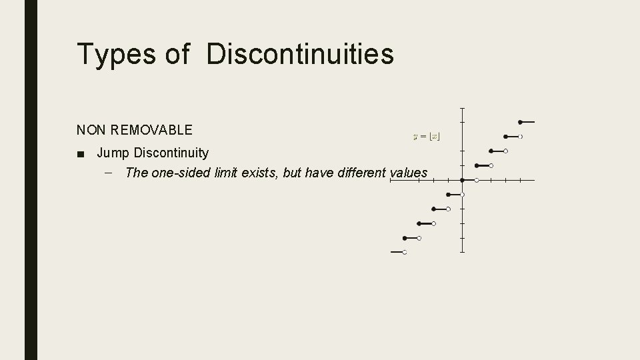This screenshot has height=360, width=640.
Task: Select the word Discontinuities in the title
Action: pos(300,54)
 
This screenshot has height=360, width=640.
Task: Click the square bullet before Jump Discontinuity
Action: pos(81,154)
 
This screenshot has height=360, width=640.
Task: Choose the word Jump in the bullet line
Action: pos(112,153)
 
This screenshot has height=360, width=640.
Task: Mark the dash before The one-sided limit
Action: pos(109,173)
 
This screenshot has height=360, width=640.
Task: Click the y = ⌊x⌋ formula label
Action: pos(427,136)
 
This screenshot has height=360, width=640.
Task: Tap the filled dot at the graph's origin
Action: pos(462,180)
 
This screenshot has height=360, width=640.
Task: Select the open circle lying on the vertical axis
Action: pos(462,195)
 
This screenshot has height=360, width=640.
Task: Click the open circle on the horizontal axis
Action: pos(477,180)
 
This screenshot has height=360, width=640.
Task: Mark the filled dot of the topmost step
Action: pos(520,122)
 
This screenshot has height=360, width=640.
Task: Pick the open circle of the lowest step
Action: pos(405,253)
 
